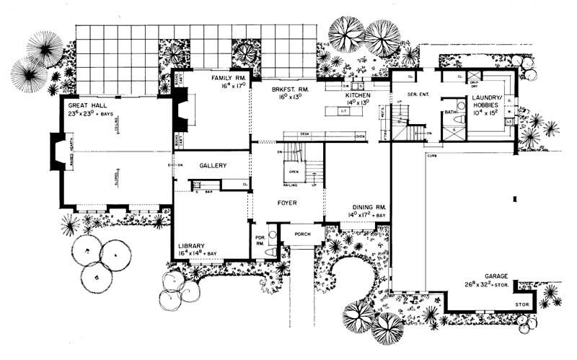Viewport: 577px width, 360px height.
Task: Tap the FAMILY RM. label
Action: point(229,76)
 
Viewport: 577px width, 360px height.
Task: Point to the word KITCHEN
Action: point(358,95)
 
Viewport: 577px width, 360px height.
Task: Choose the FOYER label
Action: point(287,203)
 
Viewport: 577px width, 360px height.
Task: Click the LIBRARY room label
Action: point(193,246)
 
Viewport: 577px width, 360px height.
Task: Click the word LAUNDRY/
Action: point(488,97)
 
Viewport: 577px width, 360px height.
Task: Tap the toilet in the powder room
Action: point(270,252)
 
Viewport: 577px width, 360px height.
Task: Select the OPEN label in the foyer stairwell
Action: point(293,172)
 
